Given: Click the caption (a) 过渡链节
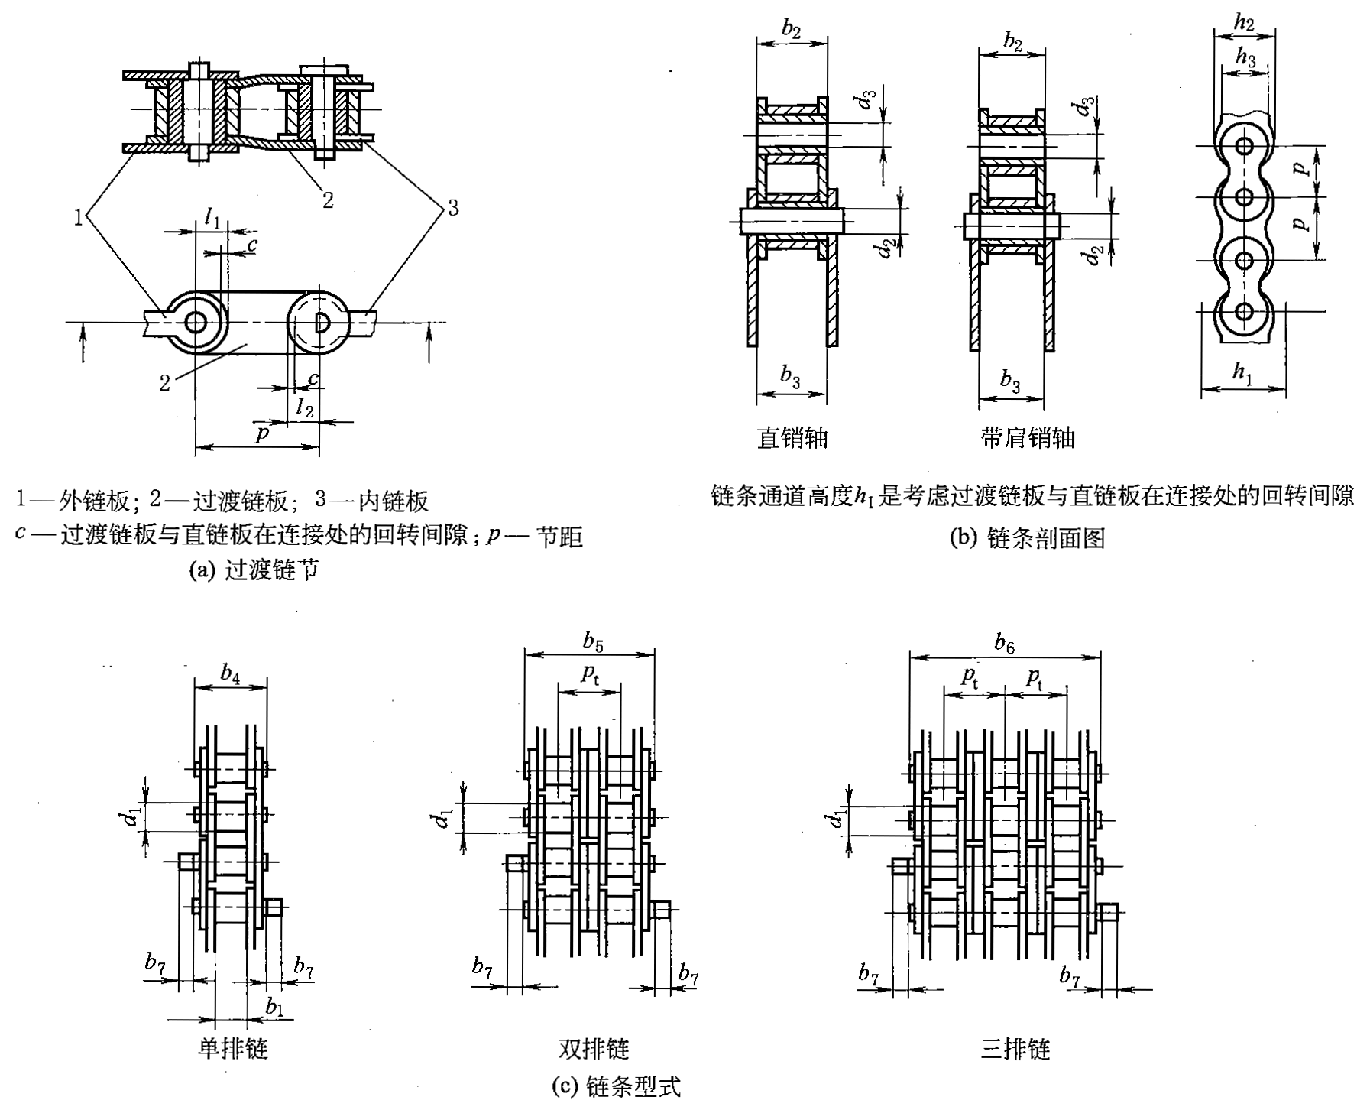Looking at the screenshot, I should (253, 570).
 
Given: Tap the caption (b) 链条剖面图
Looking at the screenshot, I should (1027, 538).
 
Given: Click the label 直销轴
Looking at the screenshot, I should (792, 437).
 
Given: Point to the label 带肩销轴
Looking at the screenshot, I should (1028, 437).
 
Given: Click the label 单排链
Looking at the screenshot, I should (233, 1048).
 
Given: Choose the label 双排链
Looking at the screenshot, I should (593, 1048).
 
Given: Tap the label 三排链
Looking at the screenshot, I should (1015, 1048).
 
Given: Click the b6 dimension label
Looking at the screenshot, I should (1005, 644).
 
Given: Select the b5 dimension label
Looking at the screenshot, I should (593, 642).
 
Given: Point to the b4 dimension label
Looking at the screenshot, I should (230, 673).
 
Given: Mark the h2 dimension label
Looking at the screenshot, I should (1245, 23).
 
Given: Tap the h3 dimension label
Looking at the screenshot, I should (1245, 57).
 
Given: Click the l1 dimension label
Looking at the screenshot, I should (212, 219).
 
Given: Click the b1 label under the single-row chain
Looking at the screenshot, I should (274, 1007).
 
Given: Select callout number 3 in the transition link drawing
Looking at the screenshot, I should (453, 207).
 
